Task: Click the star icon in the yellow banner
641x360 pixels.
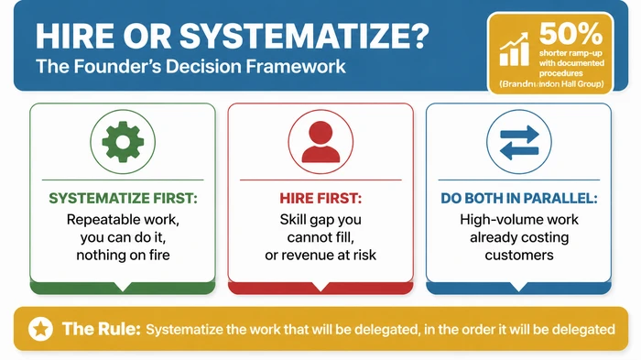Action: click(40, 328)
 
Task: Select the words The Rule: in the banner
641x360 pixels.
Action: click(101, 328)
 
